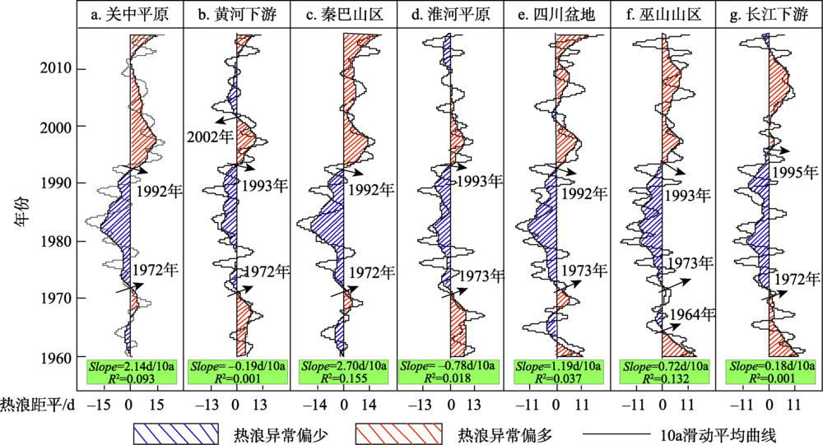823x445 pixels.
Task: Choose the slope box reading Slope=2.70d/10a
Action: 343,365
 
